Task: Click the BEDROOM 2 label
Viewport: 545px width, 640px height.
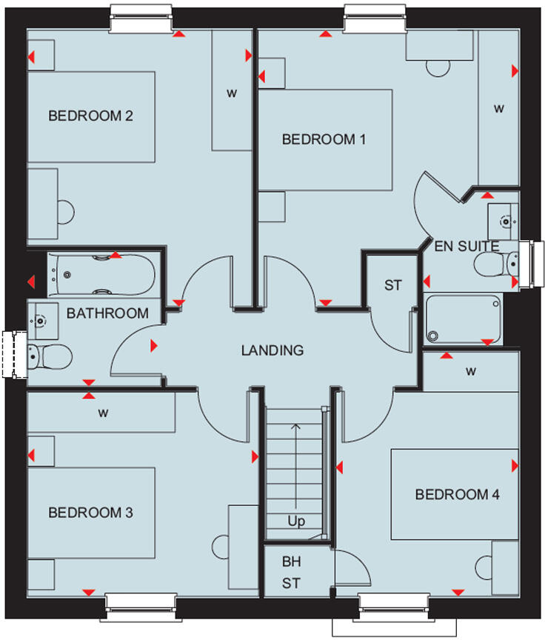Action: pyautogui.click(x=90, y=116)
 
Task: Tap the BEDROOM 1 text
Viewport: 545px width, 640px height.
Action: pyautogui.click(x=324, y=139)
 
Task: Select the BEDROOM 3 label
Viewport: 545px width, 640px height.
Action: pyautogui.click(x=90, y=512)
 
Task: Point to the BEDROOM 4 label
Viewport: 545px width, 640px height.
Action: pyautogui.click(x=457, y=494)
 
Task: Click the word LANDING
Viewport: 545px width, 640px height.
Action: pyautogui.click(x=272, y=350)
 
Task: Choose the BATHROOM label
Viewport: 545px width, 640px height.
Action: pyautogui.click(x=107, y=313)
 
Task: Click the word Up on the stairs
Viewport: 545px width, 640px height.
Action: pyautogui.click(x=296, y=521)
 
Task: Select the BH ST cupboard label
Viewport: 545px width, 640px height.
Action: pyautogui.click(x=291, y=573)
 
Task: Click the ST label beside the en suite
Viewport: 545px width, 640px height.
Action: pyautogui.click(x=392, y=285)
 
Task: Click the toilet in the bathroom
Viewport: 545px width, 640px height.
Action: pyautogui.click(x=49, y=356)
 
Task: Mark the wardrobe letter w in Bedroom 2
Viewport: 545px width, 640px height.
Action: pyautogui.click(x=232, y=93)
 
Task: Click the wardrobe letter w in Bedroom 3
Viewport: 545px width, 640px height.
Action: pyautogui.click(x=103, y=413)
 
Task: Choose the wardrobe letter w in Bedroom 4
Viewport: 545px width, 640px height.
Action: pyautogui.click(x=471, y=370)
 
